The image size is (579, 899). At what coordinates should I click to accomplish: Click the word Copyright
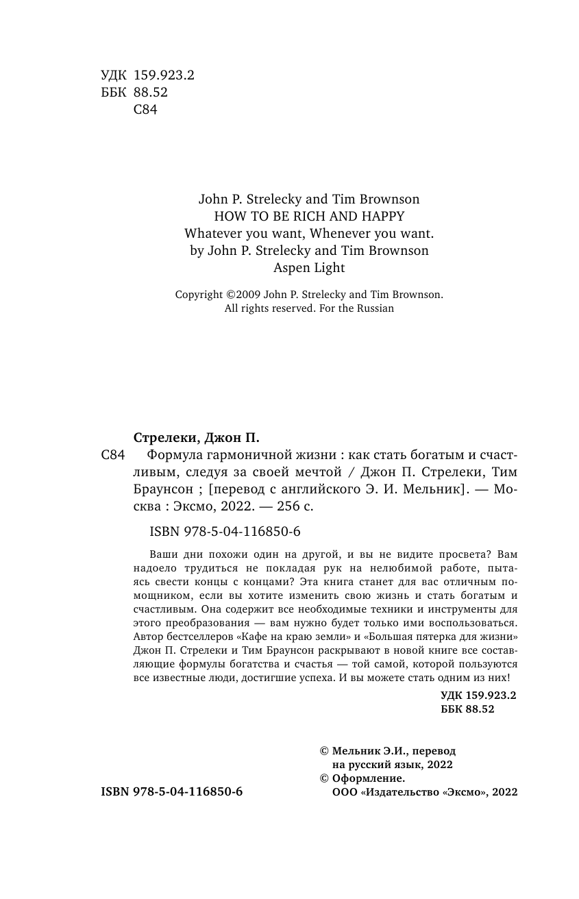click(x=199, y=295)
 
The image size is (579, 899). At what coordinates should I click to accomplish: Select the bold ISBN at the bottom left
click(x=171, y=791)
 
